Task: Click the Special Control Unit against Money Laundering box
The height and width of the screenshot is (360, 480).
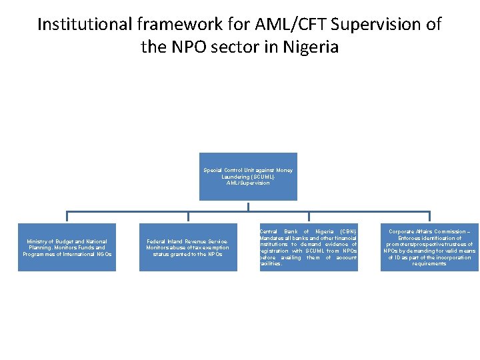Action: (x=248, y=176)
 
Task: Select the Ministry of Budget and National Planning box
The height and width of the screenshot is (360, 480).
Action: (x=67, y=247)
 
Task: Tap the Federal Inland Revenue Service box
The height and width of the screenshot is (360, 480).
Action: (x=187, y=247)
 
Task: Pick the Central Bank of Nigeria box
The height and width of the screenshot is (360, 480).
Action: (x=309, y=247)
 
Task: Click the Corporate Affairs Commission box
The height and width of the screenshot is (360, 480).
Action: (x=429, y=247)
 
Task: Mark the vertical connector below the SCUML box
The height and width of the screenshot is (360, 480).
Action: (x=248, y=206)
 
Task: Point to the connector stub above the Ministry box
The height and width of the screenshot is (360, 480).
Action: (x=67, y=217)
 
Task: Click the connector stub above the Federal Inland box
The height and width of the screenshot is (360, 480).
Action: (x=188, y=217)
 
